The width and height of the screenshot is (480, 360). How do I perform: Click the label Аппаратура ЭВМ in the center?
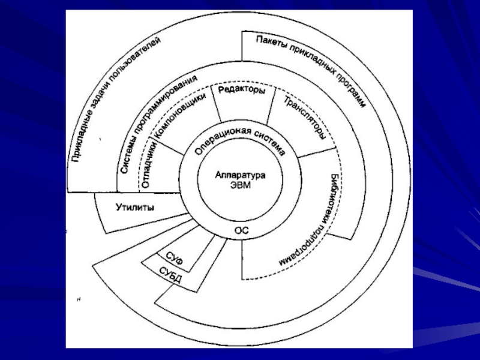pos(239,180)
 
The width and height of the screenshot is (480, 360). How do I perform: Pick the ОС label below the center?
pos(241,229)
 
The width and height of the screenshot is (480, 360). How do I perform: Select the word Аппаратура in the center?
pos(239,175)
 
